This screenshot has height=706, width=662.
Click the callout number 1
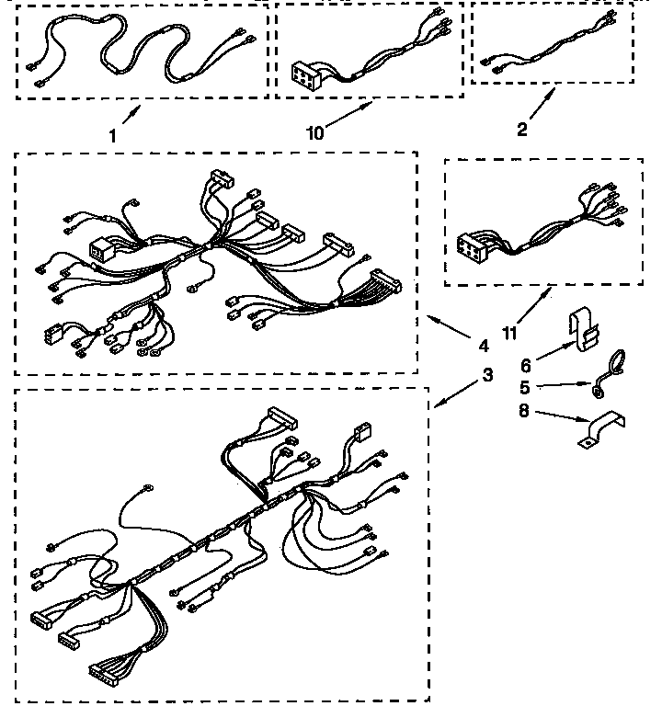(x=112, y=135)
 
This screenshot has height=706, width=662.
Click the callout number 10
(x=315, y=132)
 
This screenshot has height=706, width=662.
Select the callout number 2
(x=521, y=129)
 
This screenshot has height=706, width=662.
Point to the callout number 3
(x=487, y=374)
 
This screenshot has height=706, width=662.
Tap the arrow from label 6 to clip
(x=552, y=349)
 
